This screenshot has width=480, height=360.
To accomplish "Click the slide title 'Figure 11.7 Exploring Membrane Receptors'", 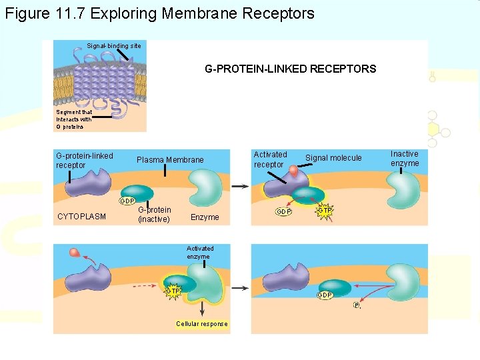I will click(x=159, y=13).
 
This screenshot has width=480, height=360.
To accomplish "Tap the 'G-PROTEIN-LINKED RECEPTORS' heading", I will click(x=290, y=69).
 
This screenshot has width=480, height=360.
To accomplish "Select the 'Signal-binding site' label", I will click(x=114, y=45).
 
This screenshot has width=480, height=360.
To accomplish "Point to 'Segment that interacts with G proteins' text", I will click(x=74, y=119).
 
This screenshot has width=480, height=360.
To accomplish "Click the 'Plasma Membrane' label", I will click(x=170, y=160).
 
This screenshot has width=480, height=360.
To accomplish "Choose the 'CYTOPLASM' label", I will click(x=81, y=216).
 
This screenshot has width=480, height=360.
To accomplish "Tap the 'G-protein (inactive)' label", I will click(x=154, y=215).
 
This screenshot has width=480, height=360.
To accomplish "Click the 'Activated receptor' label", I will click(x=270, y=159).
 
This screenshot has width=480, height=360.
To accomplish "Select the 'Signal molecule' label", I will click(x=333, y=158).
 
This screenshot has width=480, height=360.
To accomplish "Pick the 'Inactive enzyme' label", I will click(x=405, y=159).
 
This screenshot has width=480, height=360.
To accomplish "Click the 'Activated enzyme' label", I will click(x=200, y=252).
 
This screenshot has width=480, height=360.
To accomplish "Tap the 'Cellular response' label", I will click(x=201, y=324).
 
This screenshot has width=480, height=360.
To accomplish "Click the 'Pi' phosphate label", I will click(x=357, y=305).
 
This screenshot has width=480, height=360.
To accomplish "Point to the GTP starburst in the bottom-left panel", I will click(x=173, y=291).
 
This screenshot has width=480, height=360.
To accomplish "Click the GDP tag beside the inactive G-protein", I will click(x=127, y=201).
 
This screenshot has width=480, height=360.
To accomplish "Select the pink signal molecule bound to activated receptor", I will click(x=293, y=171).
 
